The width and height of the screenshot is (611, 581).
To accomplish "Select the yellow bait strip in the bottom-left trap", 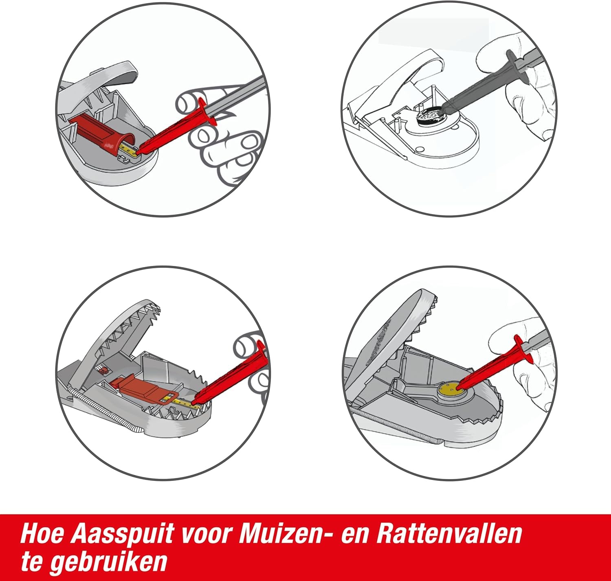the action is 183,401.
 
